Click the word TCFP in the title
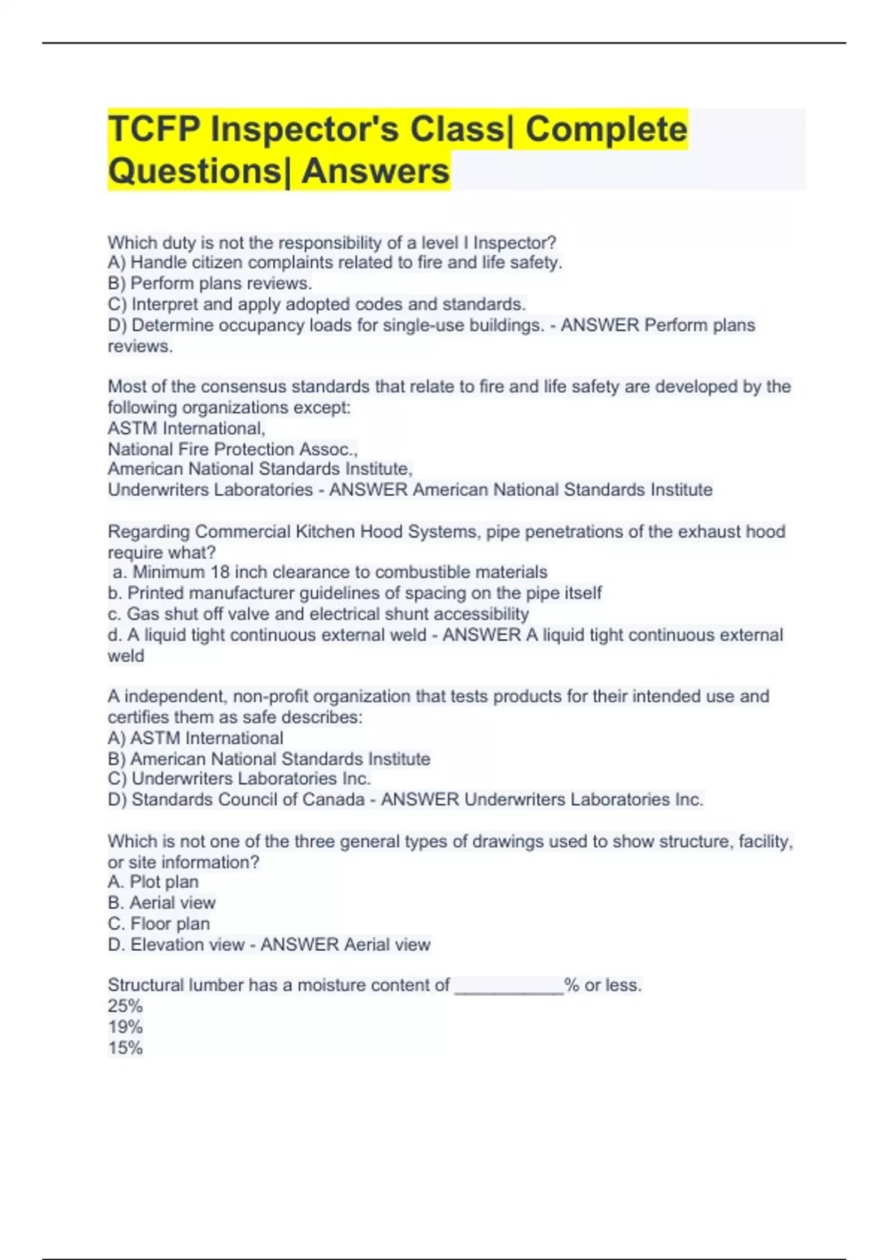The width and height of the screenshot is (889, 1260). point(155,129)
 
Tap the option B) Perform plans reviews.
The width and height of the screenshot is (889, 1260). point(210,283)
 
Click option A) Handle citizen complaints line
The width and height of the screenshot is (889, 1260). point(335,262)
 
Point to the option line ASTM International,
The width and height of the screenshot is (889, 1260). point(186,428)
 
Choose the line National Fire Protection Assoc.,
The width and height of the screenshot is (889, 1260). point(233,449)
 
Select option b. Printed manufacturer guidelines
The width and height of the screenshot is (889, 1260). point(354,593)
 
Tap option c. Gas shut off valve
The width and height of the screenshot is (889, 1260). point(318,614)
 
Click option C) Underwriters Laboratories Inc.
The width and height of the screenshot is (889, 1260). point(239,778)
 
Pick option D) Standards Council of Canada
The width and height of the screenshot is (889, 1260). point(236,800)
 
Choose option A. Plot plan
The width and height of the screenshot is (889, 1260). point(153,882)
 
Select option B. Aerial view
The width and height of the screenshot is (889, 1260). point(162,903)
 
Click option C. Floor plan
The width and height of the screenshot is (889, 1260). point(159,924)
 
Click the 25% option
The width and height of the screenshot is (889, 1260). point(125,1006)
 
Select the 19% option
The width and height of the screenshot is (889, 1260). point(125,1027)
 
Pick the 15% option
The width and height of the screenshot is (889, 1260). point(125,1048)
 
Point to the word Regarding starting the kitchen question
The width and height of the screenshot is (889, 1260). point(148,531)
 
